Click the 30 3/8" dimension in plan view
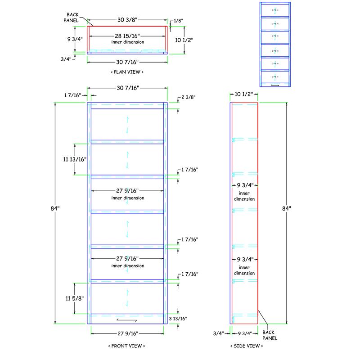click(x=127, y=20)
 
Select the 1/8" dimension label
click(x=179, y=20)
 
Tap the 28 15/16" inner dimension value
click(x=128, y=36)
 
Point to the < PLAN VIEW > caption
click(x=127, y=72)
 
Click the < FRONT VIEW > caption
click(x=127, y=346)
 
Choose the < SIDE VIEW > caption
click(x=246, y=346)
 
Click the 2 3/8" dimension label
click(x=189, y=97)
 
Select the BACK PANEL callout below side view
click(x=270, y=335)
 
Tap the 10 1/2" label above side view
click(x=244, y=94)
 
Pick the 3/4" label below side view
click(x=219, y=333)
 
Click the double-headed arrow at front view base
click(x=127, y=320)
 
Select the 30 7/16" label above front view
click(x=127, y=88)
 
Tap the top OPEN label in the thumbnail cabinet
click(x=275, y=9)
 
